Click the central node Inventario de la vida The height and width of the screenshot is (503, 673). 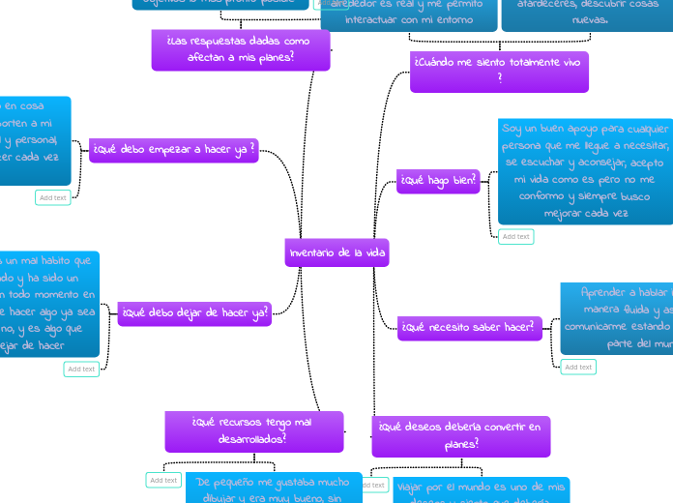336,252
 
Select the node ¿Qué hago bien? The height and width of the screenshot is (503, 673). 438,180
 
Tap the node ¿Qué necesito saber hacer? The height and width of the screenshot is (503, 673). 470,328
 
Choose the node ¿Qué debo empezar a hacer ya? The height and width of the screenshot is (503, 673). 174,150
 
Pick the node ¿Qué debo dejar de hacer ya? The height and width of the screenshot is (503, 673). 194,312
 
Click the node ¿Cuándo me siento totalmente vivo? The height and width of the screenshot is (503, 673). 499,71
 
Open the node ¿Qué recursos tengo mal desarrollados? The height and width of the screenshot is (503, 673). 253,430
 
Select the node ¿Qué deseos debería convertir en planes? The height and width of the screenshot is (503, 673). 460,435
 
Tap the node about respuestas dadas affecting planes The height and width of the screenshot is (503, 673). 240,48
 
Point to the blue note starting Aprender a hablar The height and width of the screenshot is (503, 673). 619,317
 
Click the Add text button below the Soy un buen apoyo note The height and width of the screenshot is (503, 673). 515,236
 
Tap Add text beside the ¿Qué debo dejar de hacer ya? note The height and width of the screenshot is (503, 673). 81,369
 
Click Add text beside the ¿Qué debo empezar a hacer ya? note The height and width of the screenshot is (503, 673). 53,197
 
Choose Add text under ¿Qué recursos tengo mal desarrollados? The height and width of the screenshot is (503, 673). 163,480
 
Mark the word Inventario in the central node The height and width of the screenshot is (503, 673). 308,252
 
